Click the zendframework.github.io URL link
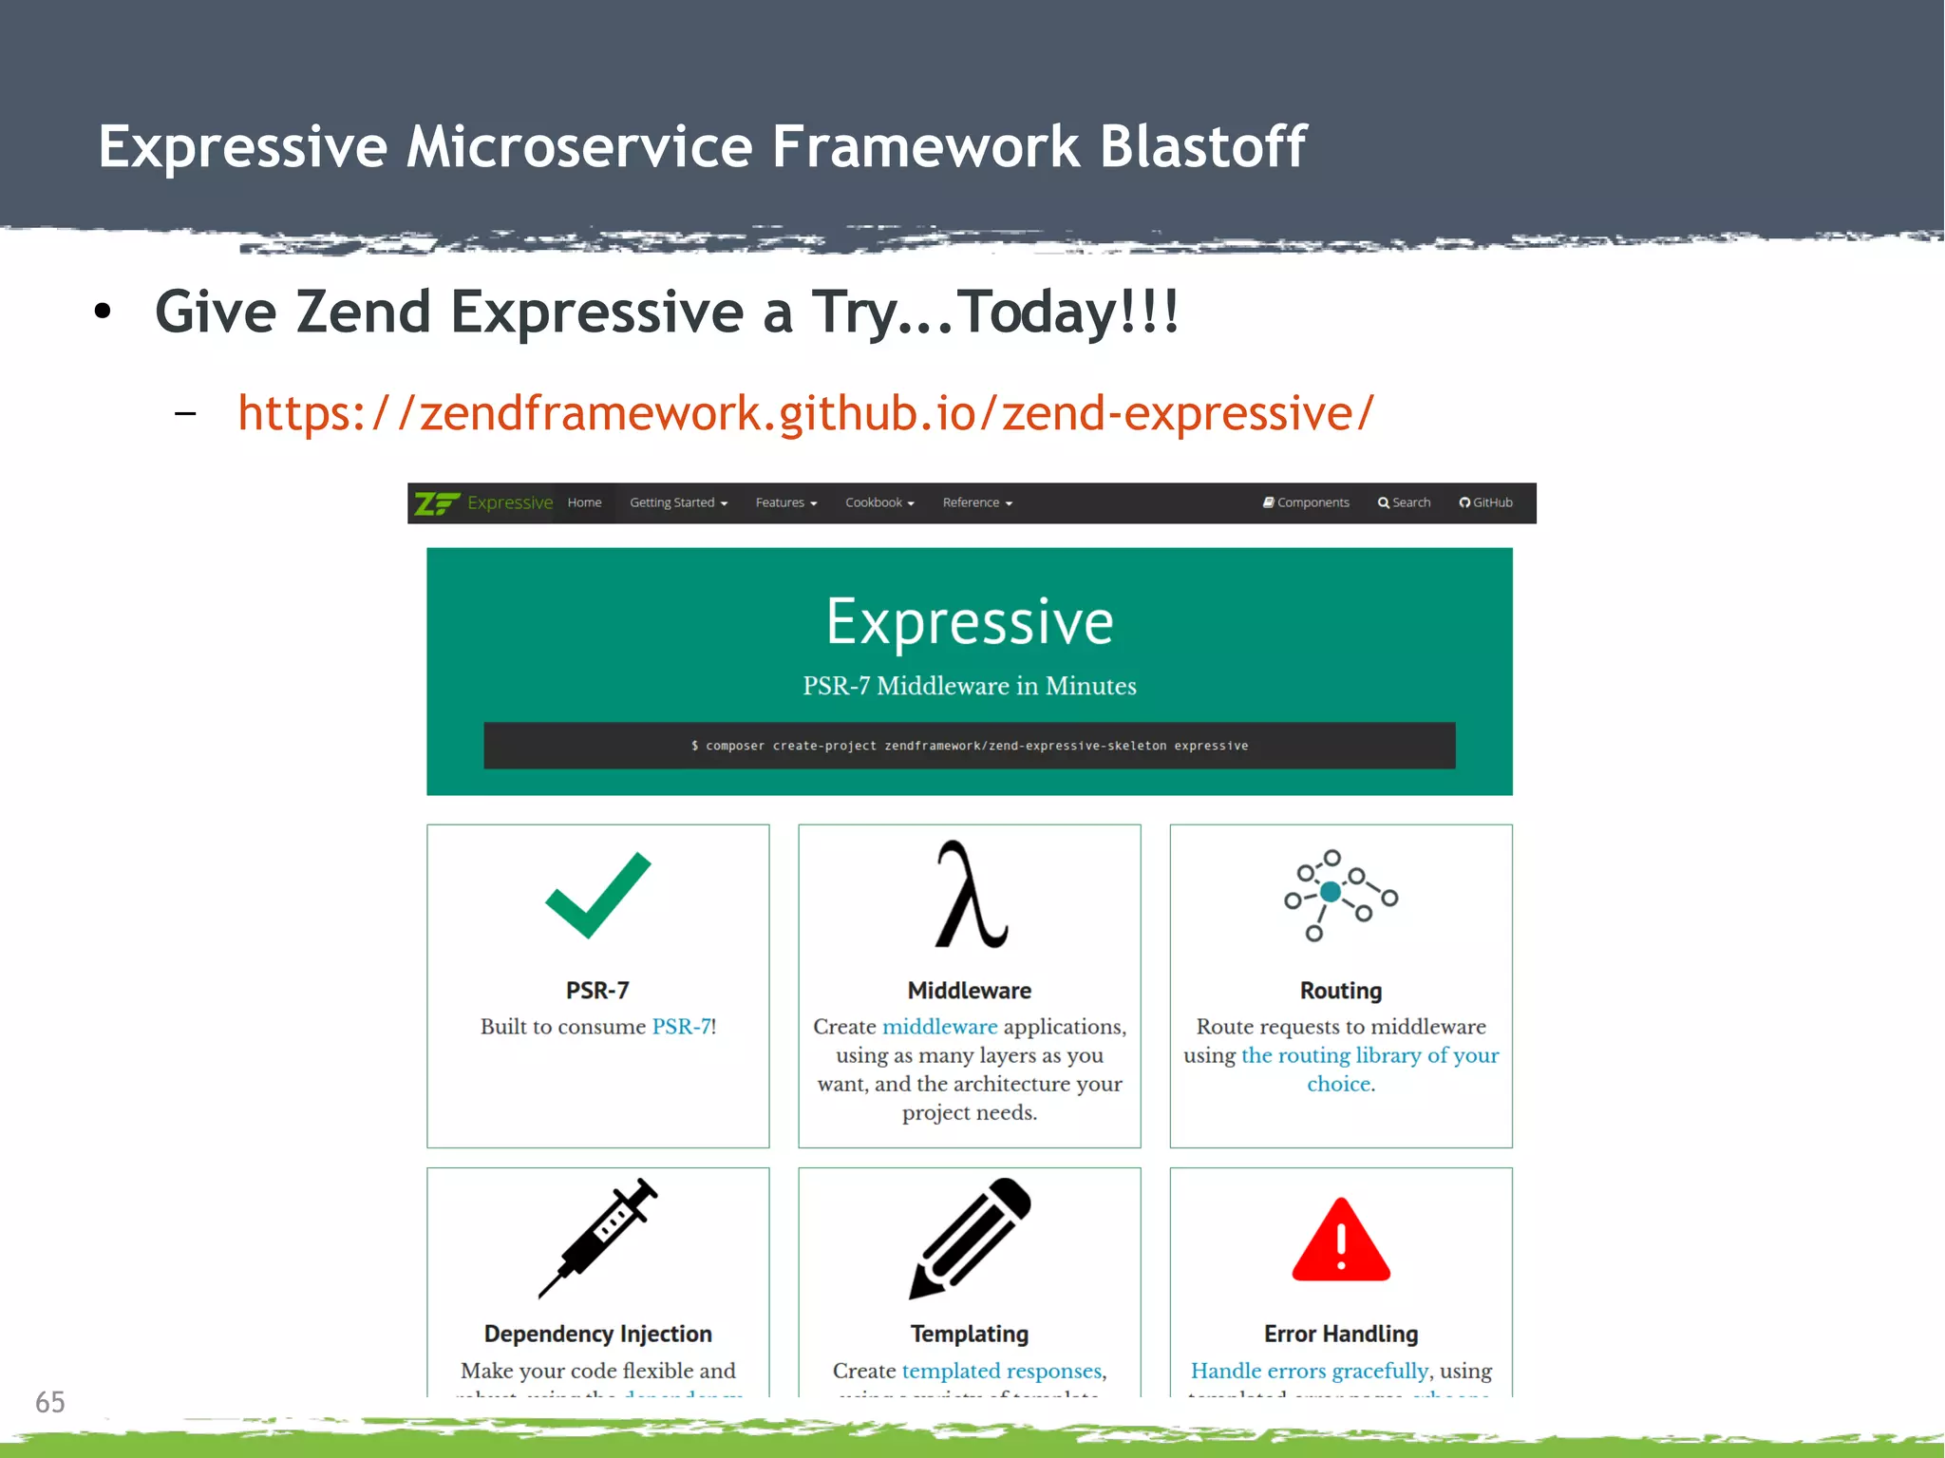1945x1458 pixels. pos(805,413)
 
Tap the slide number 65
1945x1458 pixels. pos(50,1402)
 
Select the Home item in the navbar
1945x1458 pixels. pos(584,502)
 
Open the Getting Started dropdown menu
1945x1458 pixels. pos(678,502)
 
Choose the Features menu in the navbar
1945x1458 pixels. pos(785,502)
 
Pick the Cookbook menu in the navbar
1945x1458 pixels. pos(879,502)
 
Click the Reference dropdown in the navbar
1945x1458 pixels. pos(977,502)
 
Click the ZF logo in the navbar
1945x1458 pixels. pos(437,503)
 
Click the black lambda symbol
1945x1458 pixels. pos(971,895)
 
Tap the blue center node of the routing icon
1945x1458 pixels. pos(1331,891)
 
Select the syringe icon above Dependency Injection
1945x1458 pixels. pos(598,1237)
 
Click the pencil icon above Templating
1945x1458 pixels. pos(970,1237)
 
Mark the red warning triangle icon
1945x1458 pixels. pos(1341,1241)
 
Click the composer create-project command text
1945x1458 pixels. pos(970,746)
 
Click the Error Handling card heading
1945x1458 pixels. pos(1341,1334)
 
